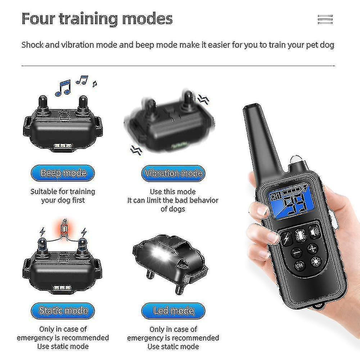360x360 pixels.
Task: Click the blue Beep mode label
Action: pyautogui.click(x=63, y=173)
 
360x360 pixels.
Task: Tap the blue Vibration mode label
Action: pyautogui.click(x=173, y=174)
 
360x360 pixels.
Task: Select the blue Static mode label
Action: pyautogui.click(x=63, y=311)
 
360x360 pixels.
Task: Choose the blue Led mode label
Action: pyautogui.click(x=173, y=311)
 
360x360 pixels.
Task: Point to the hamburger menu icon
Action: pyautogui.click(x=325, y=19)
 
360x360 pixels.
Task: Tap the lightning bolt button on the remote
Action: pyautogui.click(x=287, y=239)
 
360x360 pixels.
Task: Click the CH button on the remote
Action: pyautogui.click(x=300, y=266)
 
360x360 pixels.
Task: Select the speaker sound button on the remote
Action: pyautogui.click(x=315, y=232)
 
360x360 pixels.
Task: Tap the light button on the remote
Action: pyautogui.click(x=316, y=261)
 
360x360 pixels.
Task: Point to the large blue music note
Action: pyautogui.click(x=63, y=88)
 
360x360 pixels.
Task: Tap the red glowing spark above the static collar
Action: pyautogui.click(x=64, y=229)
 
